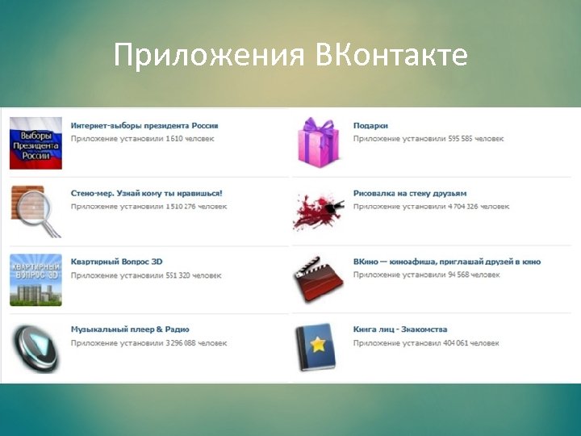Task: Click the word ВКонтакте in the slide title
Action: [x=391, y=55]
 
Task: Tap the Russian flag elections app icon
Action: [x=36, y=143]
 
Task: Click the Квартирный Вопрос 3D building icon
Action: [x=36, y=279]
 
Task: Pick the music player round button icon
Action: [x=36, y=347]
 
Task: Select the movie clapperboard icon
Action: [x=319, y=279]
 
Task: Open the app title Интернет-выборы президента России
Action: [x=144, y=126]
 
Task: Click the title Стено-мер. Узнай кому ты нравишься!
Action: [x=146, y=194]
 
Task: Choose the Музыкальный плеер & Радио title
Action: [x=130, y=329]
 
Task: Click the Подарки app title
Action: [x=370, y=126]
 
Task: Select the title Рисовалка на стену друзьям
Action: [x=410, y=194]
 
